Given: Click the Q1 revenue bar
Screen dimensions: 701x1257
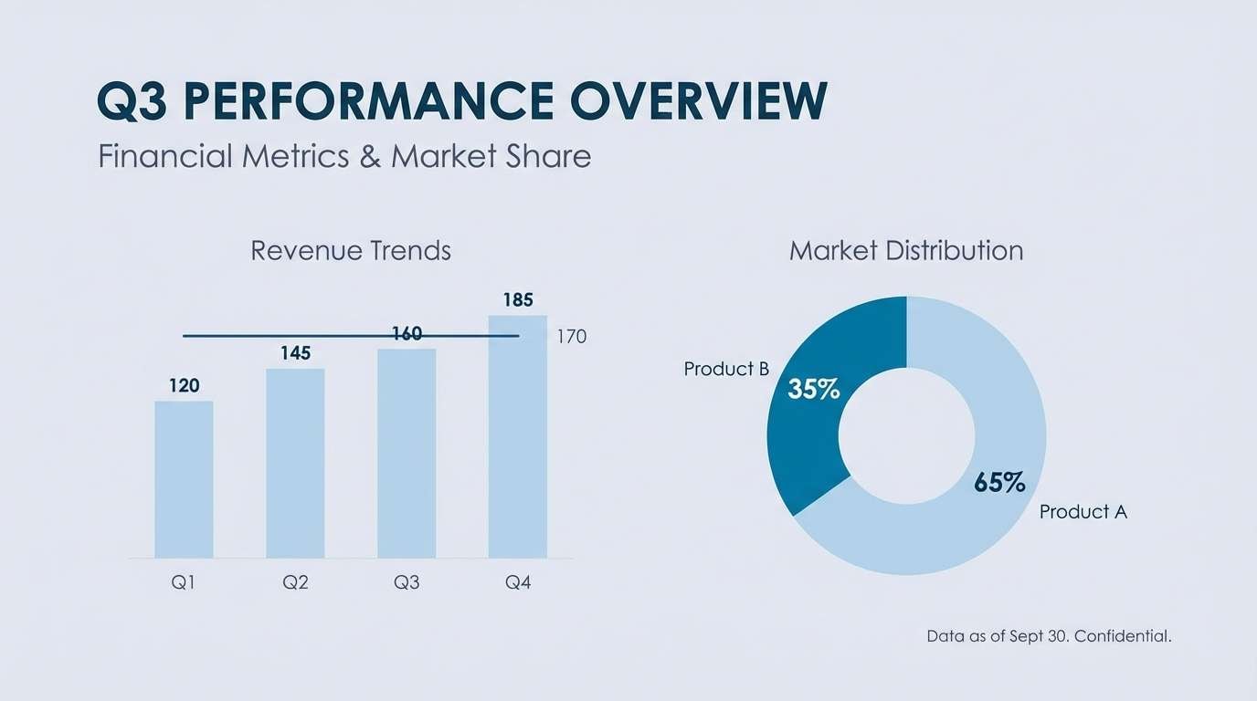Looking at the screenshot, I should coord(184,479).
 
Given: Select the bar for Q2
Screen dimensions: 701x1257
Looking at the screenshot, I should coord(295,463).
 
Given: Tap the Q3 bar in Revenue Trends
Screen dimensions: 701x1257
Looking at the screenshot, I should coord(407,453).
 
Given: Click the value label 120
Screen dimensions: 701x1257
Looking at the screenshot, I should coord(184,386).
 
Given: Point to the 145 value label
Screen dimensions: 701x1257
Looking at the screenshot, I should coord(295,353).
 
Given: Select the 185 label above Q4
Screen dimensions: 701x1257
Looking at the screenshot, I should coord(518,300).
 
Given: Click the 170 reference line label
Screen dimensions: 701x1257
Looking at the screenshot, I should coord(571,337).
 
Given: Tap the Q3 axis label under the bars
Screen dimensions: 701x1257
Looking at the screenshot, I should coord(407,582).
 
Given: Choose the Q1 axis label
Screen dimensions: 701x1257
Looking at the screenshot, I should coord(184,582).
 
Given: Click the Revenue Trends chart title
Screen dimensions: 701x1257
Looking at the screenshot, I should coord(351,250).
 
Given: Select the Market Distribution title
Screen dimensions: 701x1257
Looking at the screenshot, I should coord(906,250).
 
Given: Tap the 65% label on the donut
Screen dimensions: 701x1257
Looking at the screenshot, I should coord(999,482).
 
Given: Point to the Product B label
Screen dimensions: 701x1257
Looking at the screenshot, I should coord(726,369).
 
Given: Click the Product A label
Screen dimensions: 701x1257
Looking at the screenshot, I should coord(1083,512).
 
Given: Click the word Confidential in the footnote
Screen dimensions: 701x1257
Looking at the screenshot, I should coord(1123,636).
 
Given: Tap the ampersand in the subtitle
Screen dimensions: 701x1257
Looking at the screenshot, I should coord(370,156).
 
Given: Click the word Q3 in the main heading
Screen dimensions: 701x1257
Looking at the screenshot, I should coord(132,101).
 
